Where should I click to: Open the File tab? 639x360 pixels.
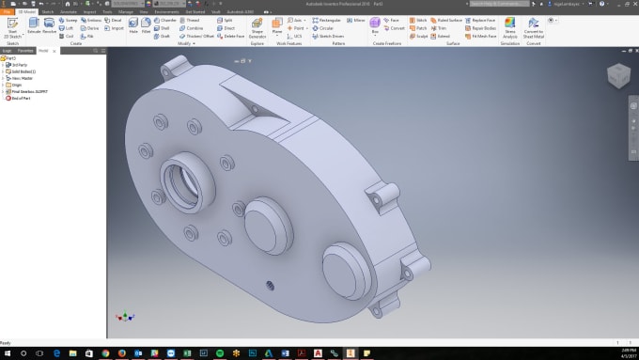7,11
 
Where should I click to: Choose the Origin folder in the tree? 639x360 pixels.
17,85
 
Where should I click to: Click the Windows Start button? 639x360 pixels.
7,352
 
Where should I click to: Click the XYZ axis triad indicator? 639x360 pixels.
120,318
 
